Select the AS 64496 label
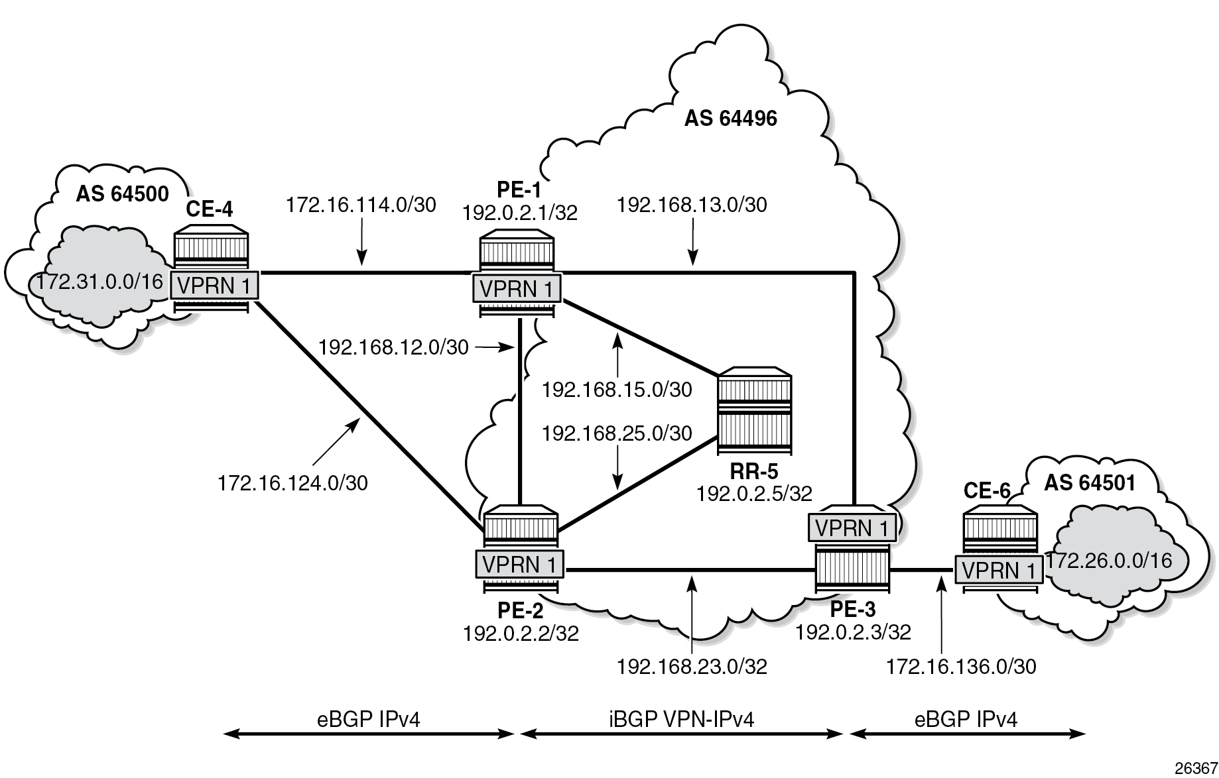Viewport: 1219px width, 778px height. coord(730,119)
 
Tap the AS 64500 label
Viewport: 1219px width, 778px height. coord(122,194)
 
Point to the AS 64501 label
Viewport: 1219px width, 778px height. coord(1090,483)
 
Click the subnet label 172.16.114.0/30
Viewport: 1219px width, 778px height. coord(361,205)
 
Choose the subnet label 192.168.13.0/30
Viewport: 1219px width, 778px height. coord(692,205)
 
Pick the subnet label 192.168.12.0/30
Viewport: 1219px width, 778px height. coord(393,347)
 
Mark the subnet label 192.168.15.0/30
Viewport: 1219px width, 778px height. coord(617,390)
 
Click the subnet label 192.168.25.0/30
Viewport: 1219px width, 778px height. coord(617,434)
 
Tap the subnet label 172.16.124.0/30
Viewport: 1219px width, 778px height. coord(292,483)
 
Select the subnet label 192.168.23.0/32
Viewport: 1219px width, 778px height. coord(692,667)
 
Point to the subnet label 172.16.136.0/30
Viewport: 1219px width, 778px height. coord(961,667)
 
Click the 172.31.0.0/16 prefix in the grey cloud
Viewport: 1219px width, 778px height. coord(99,282)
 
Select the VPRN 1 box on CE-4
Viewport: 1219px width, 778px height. coord(214,286)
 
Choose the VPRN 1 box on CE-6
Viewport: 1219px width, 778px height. coord(998,570)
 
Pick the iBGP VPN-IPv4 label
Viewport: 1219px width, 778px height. coord(681,719)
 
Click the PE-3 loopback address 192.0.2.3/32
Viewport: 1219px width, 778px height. coord(853,633)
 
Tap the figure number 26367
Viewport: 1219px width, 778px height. coord(1192,767)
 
